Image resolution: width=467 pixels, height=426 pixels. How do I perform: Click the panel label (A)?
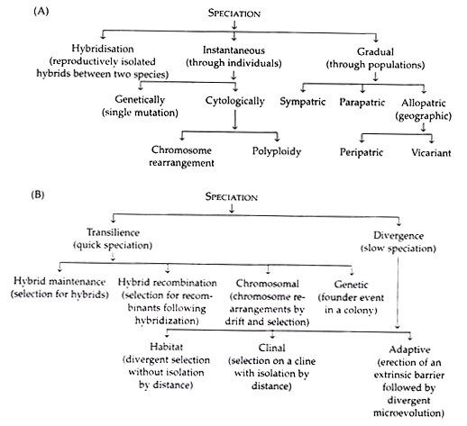[41, 12]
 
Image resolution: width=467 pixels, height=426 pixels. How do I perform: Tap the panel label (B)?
[38, 195]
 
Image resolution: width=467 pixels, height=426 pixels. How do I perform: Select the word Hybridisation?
[103, 49]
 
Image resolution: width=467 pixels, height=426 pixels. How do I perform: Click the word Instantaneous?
[233, 50]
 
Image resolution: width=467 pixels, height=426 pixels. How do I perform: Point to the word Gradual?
[375, 51]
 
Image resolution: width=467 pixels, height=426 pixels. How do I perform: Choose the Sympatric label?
[303, 102]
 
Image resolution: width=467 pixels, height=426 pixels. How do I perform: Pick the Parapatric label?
[362, 102]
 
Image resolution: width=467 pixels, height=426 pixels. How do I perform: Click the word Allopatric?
[424, 103]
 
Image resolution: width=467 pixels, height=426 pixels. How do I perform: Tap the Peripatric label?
[362, 152]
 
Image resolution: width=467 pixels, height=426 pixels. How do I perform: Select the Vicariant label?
[431, 153]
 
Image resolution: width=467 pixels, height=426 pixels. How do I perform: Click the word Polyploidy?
[277, 151]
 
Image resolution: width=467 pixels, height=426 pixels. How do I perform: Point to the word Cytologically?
[234, 101]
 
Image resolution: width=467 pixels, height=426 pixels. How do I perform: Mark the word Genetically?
[140, 99]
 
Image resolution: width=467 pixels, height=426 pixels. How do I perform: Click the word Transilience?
[113, 232]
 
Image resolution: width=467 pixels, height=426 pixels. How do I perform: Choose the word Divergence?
[398, 236]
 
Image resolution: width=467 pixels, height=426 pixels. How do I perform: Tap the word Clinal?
[271, 348]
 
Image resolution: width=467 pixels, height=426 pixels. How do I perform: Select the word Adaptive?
[409, 349]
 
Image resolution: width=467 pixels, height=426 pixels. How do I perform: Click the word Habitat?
[166, 347]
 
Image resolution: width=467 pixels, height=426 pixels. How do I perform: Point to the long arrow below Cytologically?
[235, 120]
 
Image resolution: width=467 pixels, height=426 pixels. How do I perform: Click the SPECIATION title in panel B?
[232, 197]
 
